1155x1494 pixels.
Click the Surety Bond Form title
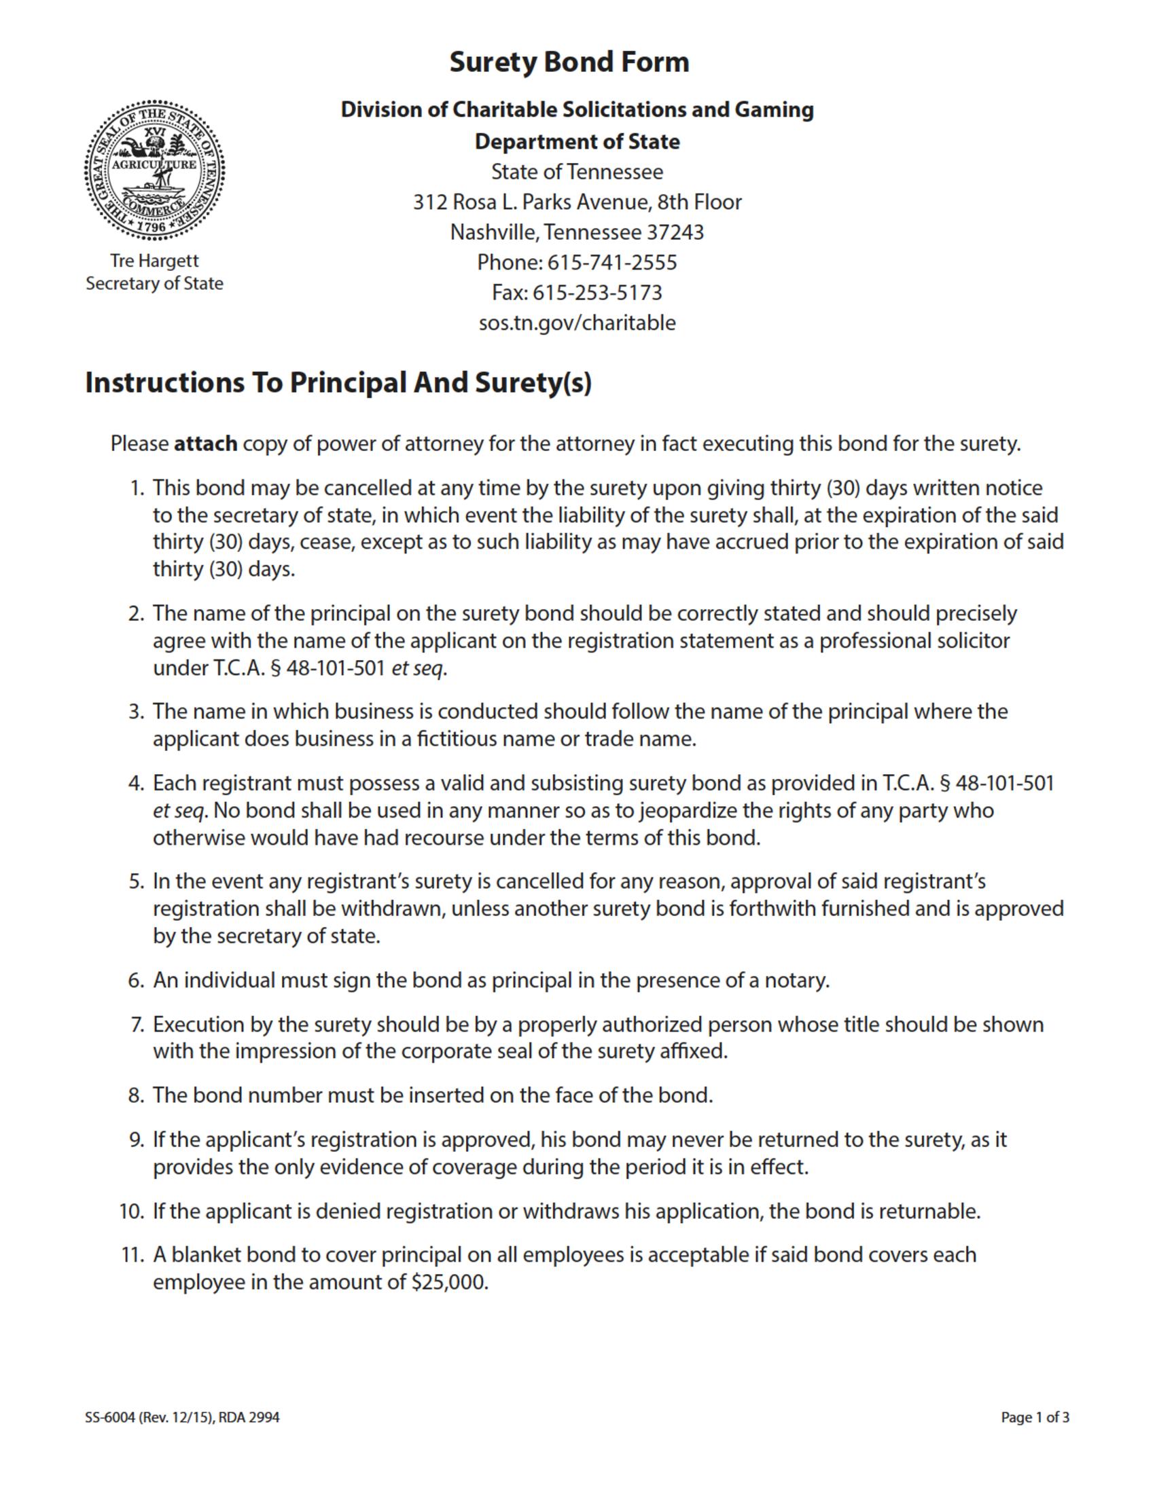coord(569,62)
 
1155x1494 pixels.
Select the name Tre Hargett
coord(155,261)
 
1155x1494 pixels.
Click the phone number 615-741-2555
coord(611,262)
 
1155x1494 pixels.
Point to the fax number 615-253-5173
coord(597,293)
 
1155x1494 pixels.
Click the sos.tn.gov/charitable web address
coord(577,323)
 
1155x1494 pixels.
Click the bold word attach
coord(205,444)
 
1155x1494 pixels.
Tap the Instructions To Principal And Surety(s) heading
coord(338,383)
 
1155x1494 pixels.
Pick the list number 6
coord(135,981)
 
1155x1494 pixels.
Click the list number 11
coord(131,1255)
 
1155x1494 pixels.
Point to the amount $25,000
coord(450,1283)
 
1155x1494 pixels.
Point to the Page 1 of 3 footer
coord(1035,1417)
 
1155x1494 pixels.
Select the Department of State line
coord(577,142)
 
